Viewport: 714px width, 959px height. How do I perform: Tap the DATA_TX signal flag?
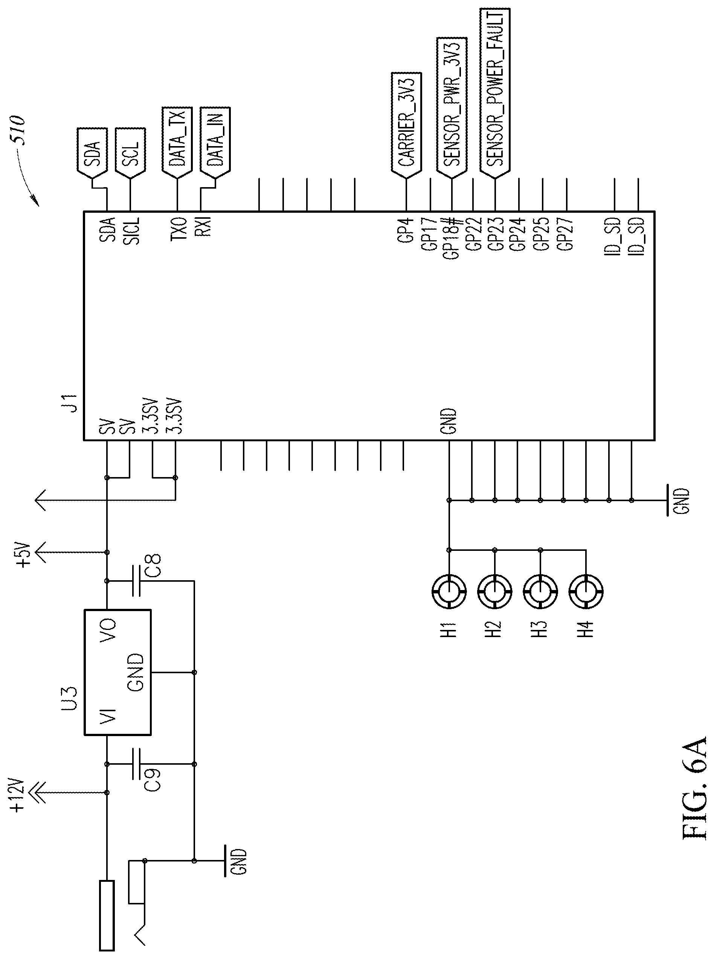click(177, 143)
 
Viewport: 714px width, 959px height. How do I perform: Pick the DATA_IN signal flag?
click(215, 143)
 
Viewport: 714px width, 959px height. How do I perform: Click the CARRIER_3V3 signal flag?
click(406, 125)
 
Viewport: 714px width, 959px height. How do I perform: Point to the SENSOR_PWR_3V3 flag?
click(452, 108)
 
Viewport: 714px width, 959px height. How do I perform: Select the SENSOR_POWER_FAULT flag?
click(495, 93)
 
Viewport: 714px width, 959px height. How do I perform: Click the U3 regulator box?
click(117, 672)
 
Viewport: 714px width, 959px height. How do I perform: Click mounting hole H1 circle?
click(449, 592)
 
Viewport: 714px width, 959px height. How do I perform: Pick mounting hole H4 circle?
click(586, 592)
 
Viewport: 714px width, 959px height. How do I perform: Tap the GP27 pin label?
click(565, 233)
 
